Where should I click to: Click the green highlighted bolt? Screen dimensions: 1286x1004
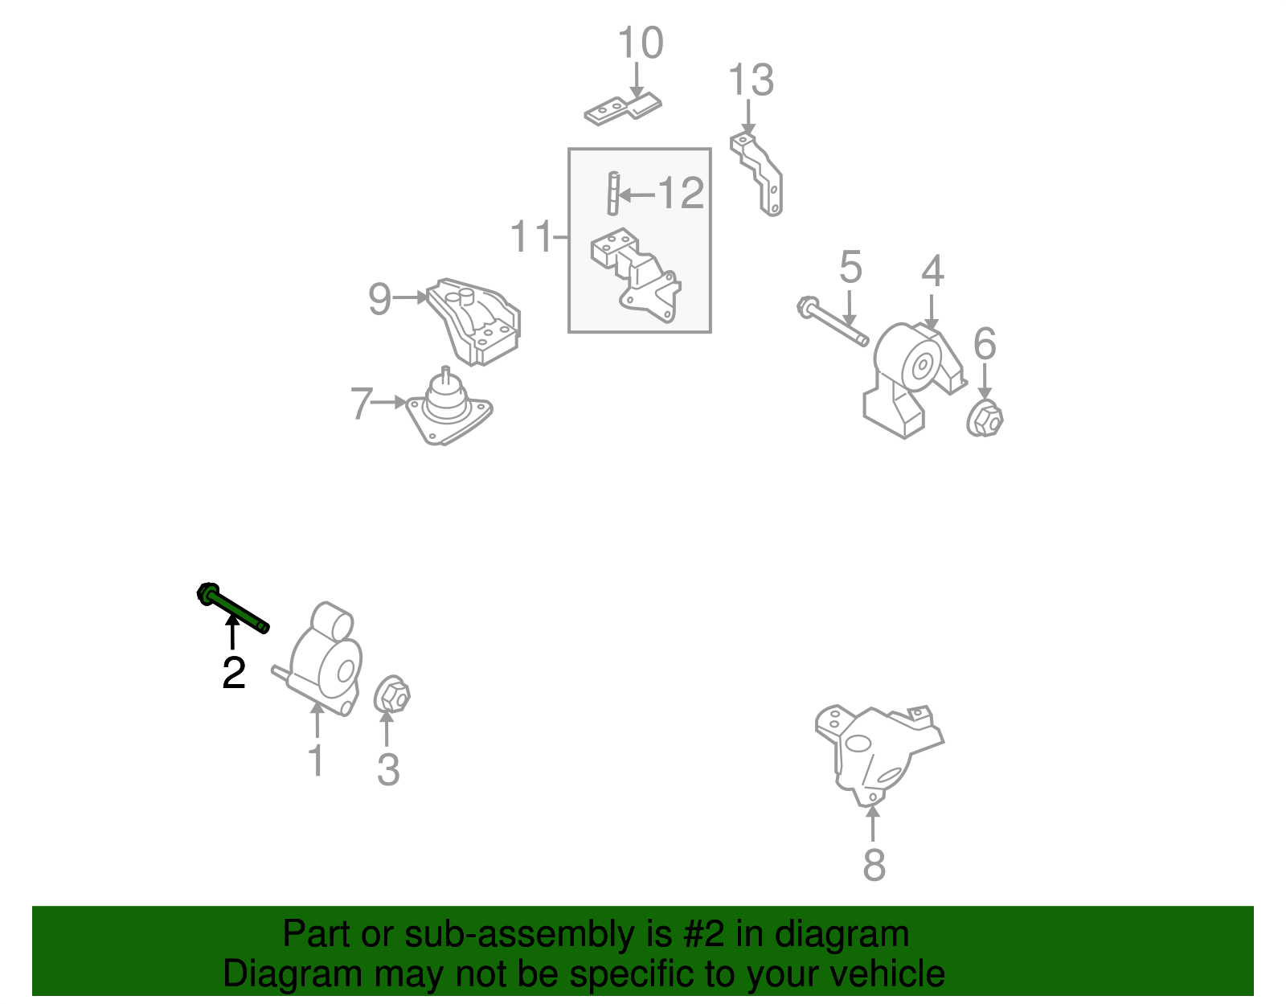(232, 608)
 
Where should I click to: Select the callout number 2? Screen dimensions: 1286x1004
(234, 673)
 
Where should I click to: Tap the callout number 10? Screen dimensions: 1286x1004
(641, 43)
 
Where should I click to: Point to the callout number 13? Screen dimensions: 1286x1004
(751, 80)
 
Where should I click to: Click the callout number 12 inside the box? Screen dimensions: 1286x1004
(681, 193)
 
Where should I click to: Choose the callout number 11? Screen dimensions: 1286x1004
(530, 236)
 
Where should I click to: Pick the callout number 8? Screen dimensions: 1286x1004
(874, 864)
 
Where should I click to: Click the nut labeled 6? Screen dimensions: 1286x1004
(985, 419)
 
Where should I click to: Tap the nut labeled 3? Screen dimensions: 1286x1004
(391, 694)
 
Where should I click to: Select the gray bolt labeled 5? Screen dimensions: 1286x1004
(833, 322)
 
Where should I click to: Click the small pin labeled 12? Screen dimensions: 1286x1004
(614, 193)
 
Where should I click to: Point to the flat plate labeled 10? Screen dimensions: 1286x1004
(623, 109)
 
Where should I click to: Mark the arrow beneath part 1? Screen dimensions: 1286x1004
(317, 719)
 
